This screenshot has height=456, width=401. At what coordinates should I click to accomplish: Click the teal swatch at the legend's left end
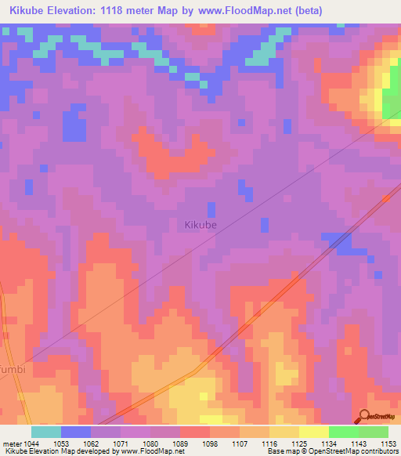(x=45, y=432)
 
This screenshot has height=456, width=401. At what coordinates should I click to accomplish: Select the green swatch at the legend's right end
(x=373, y=432)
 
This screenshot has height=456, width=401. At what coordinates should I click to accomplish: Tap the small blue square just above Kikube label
(x=211, y=209)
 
